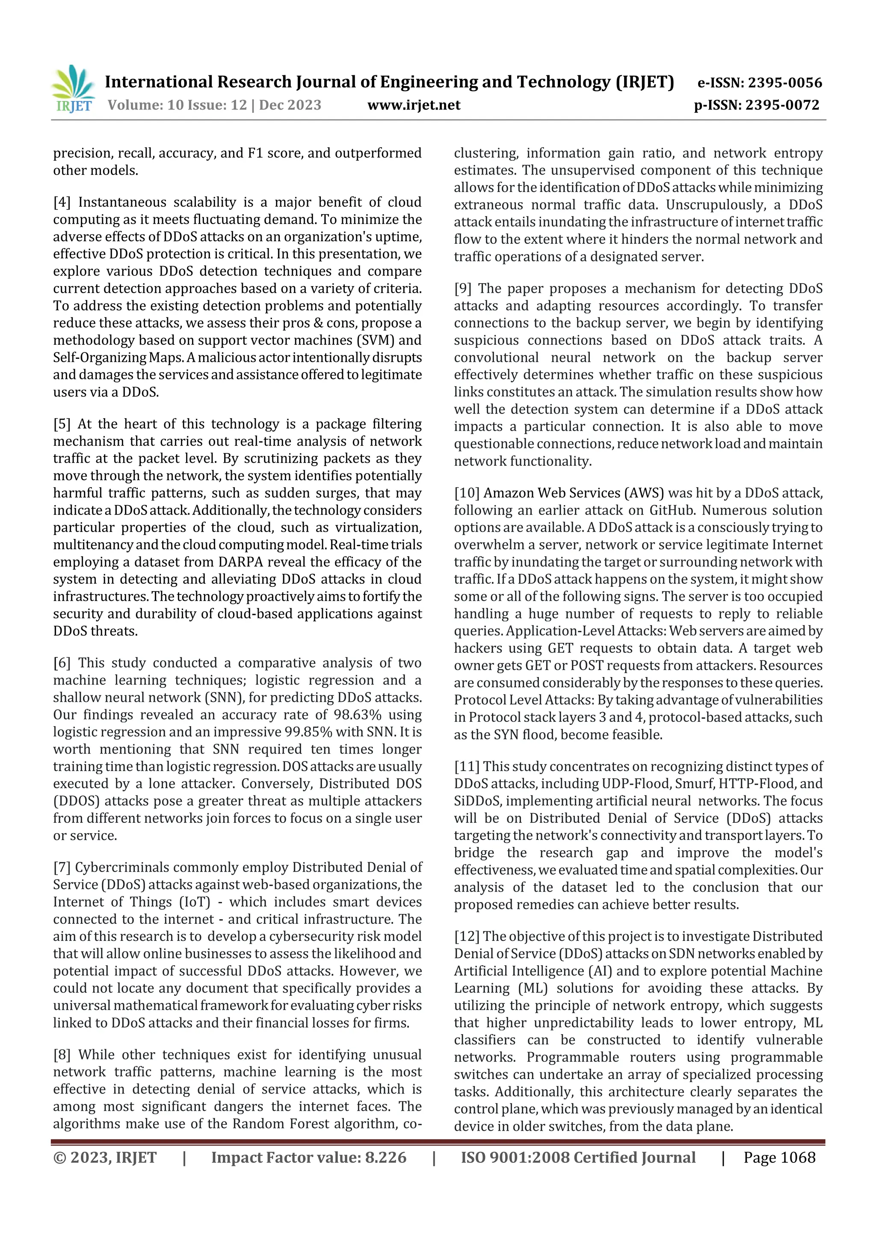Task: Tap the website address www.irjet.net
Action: (414, 105)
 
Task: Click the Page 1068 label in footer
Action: (779, 1157)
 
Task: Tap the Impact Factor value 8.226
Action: (385, 1157)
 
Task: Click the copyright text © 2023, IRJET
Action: (105, 1157)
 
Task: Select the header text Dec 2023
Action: (290, 105)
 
